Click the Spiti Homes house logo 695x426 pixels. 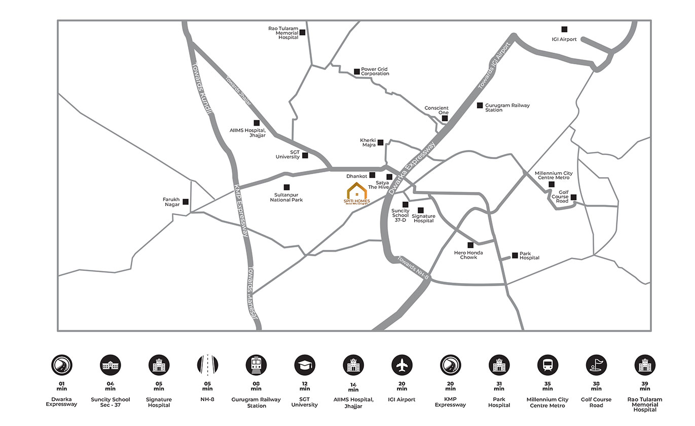coord(357,193)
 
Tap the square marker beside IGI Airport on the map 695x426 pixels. coord(564,29)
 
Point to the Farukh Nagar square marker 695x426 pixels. coord(186,202)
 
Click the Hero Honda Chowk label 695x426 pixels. coord(468,255)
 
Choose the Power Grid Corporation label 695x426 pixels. coord(375,71)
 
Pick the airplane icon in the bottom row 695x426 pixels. coord(402,364)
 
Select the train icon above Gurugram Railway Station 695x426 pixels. coord(256,364)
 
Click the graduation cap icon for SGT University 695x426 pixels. coord(305,364)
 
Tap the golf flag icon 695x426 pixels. coord(596,364)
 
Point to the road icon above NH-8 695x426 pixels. coord(207,364)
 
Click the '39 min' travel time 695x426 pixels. coord(645,386)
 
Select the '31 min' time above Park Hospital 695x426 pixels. coord(499,386)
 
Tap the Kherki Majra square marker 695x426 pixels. coord(380,143)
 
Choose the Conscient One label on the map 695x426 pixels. coord(436,110)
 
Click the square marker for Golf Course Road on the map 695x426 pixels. coord(573,197)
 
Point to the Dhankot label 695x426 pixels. coord(357,176)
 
